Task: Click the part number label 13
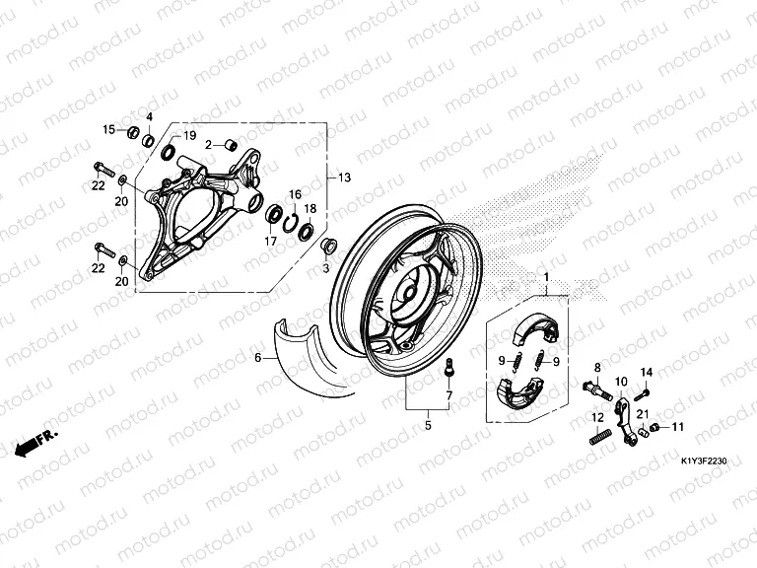[x=344, y=177]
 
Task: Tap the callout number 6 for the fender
[x=258, y=358]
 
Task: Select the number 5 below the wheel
[x=428, y=426]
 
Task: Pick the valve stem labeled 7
[x=449, y=371]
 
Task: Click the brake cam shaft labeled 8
[x=595, y=383]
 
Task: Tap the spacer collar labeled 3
[x=329, y=245]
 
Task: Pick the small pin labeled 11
[x=652, y=428]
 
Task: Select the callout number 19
[x=190, y=135]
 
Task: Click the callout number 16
[x=294, y=194]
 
